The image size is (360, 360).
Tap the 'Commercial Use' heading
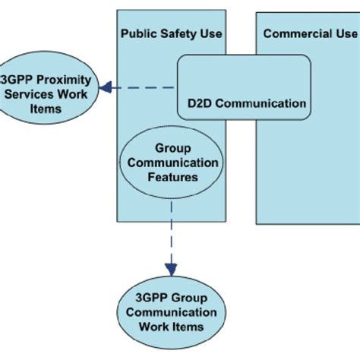point(310,33)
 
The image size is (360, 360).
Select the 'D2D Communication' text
point(242,103)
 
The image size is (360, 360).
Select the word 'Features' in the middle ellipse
point(171,177)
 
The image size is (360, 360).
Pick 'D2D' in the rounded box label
point(197,103)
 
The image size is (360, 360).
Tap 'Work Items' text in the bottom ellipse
point(171,327)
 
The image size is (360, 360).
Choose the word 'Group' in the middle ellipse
point(171,149)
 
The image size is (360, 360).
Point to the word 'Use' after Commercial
point(346,33)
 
